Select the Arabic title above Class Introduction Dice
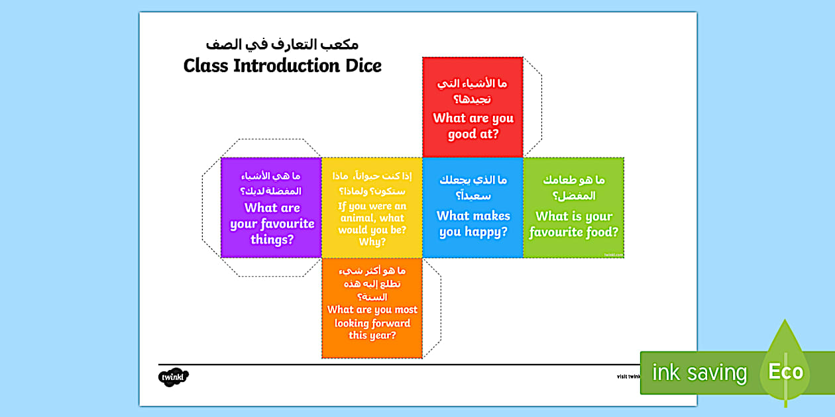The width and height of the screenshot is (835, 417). point(282,45)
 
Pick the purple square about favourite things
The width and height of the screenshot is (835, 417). point(271,207)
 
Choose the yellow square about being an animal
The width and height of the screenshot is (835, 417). point(372,207)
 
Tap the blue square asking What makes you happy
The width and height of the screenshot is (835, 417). point(473,207)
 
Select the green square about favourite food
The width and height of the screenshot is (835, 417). point(573,207)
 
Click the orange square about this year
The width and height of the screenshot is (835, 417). point(372,308)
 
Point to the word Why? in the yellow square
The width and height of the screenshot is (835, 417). point(372,242)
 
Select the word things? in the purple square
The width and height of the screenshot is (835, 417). point(272,239)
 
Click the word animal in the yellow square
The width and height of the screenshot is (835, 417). point(362,218)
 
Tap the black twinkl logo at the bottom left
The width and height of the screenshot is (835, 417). point(174,377)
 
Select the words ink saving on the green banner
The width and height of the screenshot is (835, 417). point(699,373)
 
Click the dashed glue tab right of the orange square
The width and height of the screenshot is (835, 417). point(431,308)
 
